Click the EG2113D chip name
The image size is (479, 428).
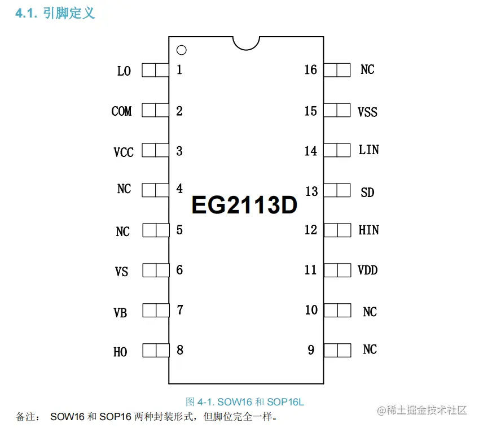[x=244, y=206]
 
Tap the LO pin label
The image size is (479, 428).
[x=124, y=71]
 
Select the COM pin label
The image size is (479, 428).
[x=121, y=111]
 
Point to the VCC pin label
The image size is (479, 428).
[x=124, y=152]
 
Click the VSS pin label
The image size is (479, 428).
[x=367, y=112]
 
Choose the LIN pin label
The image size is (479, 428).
[x=368, y=150]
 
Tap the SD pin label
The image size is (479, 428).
[x=367, y=193]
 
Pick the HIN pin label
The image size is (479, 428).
[x=368, y=230]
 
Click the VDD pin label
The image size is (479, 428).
[x=367, y=270]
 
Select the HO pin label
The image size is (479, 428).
[x=120, y=352]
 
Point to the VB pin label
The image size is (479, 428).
[x=120, y=313]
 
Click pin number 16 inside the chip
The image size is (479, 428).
[x=310, y=70]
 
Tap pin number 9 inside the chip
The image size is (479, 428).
[x=311, y=350]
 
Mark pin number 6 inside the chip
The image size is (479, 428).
[x=179, y=270]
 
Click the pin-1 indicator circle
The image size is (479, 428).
[x=181, y=50]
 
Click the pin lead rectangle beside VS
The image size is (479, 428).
[x=155, y=270]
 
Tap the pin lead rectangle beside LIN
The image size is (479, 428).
[x=337, y=150]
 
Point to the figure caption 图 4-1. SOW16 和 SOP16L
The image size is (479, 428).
[x=245, y=402]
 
